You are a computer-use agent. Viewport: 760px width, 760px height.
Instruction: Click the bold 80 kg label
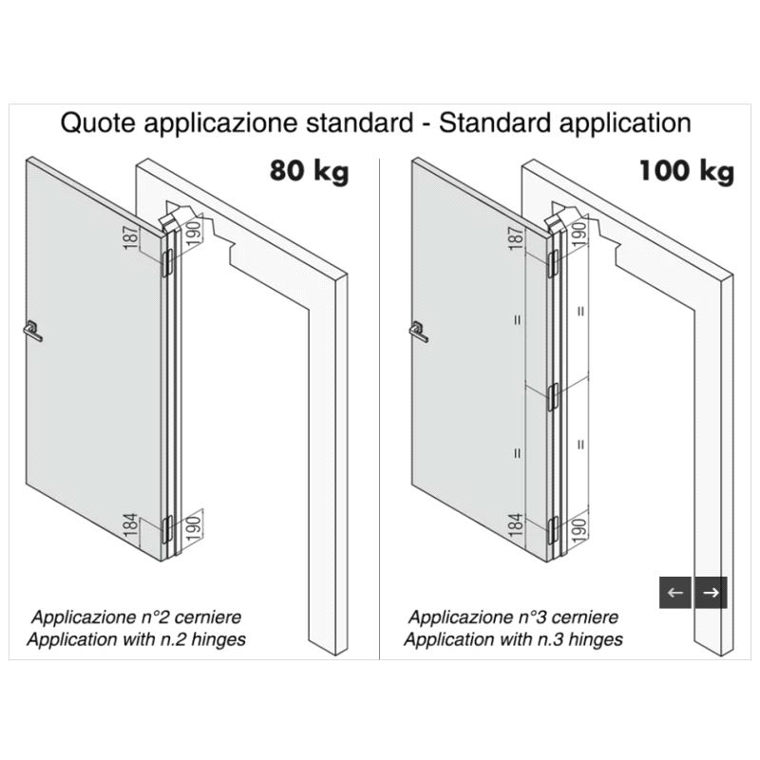(x=310, y=172)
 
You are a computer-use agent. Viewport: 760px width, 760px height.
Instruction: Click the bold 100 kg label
(x=686, y=172)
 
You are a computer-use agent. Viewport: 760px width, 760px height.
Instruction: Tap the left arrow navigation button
(x=675, y=592)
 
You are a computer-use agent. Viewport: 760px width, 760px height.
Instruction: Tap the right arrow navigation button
(x=711, y=592)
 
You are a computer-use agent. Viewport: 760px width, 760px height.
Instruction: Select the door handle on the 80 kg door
(x=32, y=331)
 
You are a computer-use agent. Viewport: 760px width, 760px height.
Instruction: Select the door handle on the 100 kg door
(x=418, y=332)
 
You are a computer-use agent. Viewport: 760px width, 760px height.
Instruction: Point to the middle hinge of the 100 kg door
(x=553, y=396)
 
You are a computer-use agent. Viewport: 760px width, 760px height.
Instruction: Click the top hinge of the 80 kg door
(x=167, y=263)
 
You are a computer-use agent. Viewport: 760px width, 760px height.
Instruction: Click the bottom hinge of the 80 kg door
(x=167, y=528)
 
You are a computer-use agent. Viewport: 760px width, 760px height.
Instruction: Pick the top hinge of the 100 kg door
(x=553, y=264)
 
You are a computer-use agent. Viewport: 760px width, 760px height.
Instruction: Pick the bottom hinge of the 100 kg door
(x=553, y=529)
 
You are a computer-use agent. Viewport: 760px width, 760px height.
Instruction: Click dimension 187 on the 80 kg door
(x=131, y=237)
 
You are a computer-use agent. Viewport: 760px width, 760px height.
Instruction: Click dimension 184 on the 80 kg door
(x=131, y=524)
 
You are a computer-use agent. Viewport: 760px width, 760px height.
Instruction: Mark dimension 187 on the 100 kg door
(x=517, y=238)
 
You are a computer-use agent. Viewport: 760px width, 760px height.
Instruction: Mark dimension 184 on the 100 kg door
(x=517, y=524)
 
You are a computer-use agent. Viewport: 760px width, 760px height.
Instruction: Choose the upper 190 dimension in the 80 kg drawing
(x=193, y=233)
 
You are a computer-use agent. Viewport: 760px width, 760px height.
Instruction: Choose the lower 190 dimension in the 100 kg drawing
(x=579, y=528)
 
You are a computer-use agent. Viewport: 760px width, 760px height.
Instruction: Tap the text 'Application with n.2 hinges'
(x=136, y=639)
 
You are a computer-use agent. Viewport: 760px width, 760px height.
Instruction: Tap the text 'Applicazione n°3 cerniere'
(x=513, y=617)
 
